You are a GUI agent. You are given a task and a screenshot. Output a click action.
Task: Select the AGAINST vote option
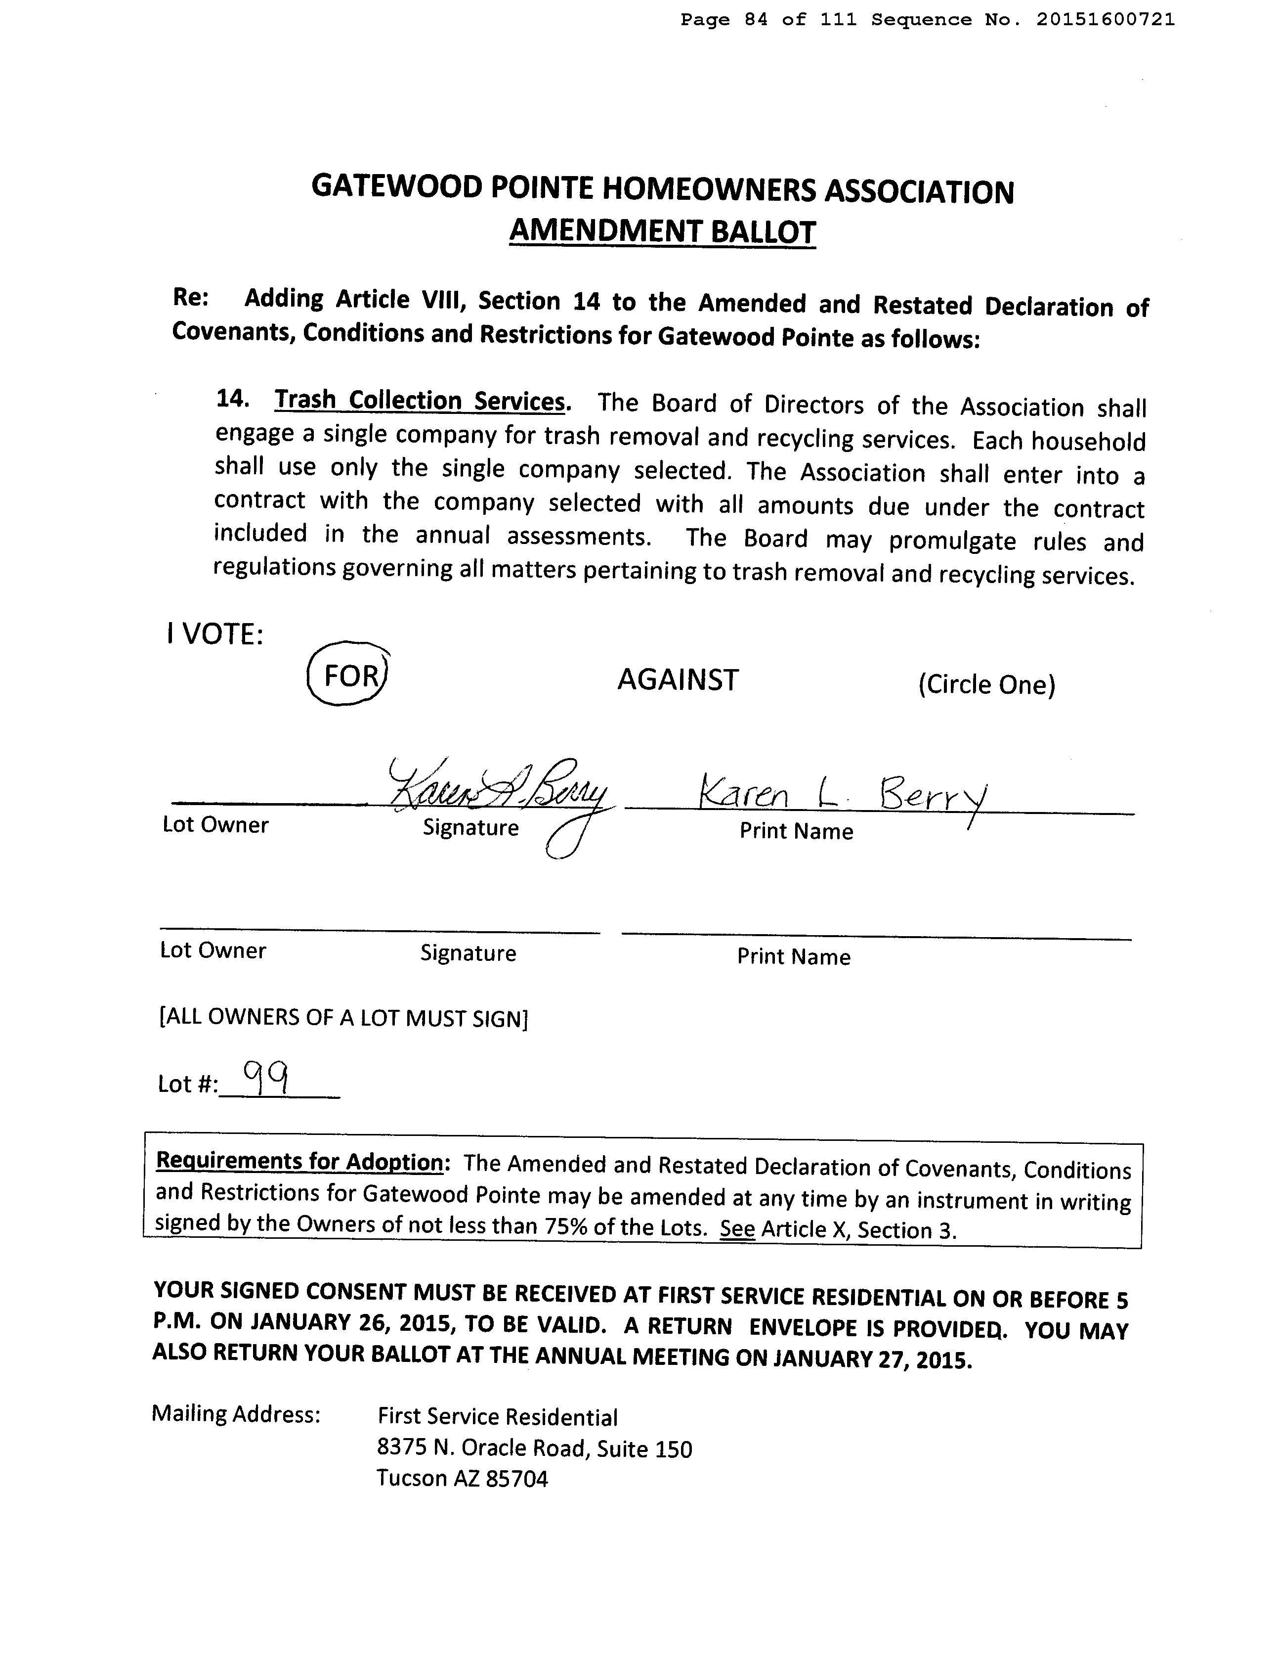[677, 679]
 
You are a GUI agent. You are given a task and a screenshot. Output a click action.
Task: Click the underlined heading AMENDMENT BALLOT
[662, 231]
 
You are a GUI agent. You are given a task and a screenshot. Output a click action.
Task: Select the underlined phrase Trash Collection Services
[421, 400]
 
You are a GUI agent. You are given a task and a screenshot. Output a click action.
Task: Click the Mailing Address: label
[236, 1413]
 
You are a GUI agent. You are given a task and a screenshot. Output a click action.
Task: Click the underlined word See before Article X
[737, 1228]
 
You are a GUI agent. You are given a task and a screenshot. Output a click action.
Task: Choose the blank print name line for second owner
[876, 936]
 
